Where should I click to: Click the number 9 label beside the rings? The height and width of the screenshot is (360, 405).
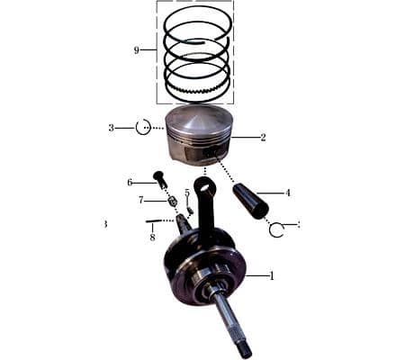click(x=137, y=50)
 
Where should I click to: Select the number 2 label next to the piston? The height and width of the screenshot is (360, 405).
click(x=263, y=138)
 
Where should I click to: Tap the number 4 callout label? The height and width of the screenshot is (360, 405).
click(x=287, y=193)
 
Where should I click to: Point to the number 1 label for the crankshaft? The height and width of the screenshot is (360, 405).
click(x=273, y=274)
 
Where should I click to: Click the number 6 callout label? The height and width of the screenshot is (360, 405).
click(x=130, y=183)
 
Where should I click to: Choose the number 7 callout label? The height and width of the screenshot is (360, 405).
click(x=141, y=200)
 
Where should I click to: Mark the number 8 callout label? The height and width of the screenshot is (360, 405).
click(x=152, y=238)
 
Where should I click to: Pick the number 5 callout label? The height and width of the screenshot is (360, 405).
click(x=187, y=193)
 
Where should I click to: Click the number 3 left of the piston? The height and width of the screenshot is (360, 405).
click(x=112, y=128)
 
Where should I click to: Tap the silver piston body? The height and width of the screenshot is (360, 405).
click(x=194, y=135)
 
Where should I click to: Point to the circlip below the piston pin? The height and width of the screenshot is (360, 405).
click(x=276, y=229)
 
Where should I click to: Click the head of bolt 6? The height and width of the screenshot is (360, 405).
click(x=158, y=175)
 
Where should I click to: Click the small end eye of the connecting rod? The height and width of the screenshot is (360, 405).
click(x=204, y=185)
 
